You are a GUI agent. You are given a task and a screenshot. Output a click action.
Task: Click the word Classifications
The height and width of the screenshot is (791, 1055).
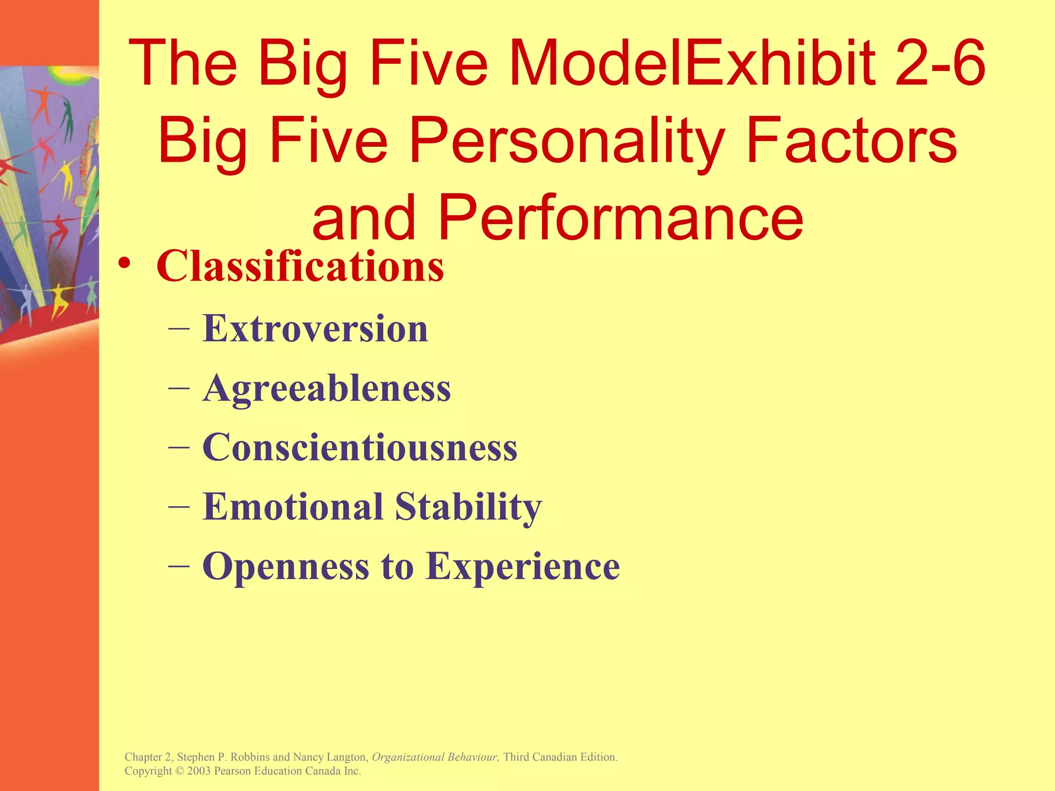point(300,266)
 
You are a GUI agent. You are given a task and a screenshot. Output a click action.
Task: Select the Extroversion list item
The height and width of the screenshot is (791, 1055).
point(315,328)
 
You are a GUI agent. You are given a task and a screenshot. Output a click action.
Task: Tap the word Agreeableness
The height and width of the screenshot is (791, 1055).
point(327,388)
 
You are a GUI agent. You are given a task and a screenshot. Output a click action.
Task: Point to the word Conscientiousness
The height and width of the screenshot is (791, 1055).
point(360,447)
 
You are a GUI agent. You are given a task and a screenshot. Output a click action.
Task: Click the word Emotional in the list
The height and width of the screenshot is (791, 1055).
point(293,506)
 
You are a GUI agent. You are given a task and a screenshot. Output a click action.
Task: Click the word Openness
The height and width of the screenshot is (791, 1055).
point(285,566)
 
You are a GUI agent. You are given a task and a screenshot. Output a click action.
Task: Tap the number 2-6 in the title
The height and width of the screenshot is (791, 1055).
point(940,63)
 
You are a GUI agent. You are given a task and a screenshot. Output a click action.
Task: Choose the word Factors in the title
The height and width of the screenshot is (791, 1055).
point(851,140)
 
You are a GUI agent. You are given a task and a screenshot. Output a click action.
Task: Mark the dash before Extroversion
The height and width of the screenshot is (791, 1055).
point(179,328)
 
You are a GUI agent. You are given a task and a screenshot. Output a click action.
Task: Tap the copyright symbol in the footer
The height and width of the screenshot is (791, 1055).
point(179,771)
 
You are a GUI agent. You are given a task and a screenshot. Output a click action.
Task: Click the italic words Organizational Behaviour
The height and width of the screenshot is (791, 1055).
point(435,757)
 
